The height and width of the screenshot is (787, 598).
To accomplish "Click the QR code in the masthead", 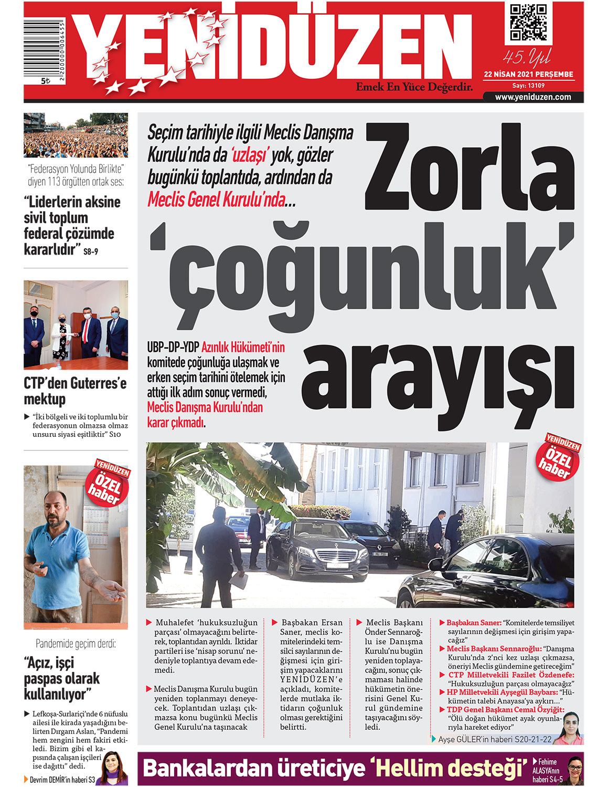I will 528,23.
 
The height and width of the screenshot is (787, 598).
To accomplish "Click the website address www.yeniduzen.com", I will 533,97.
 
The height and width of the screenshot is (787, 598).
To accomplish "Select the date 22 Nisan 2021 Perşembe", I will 528,74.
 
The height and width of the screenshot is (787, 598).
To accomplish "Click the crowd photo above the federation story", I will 76,135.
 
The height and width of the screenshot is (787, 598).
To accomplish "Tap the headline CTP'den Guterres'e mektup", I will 75,391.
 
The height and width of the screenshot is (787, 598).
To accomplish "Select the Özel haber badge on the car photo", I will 560,457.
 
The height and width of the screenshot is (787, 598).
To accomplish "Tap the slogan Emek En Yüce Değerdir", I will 414,87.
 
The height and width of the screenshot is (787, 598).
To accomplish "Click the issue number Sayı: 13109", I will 528,86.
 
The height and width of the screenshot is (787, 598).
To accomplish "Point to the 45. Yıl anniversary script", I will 527,57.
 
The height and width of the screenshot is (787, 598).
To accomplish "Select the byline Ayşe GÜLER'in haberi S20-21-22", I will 495,739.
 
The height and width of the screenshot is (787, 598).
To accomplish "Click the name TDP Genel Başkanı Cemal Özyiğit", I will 505,710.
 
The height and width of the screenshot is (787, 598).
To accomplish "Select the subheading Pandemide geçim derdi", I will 76,644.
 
